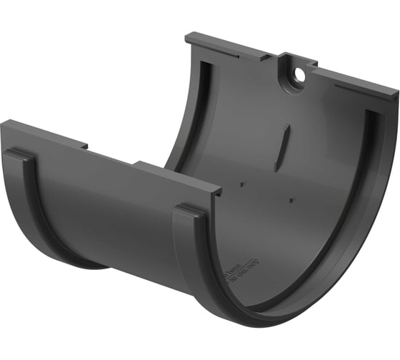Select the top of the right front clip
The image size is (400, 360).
[x=189, y=209]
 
